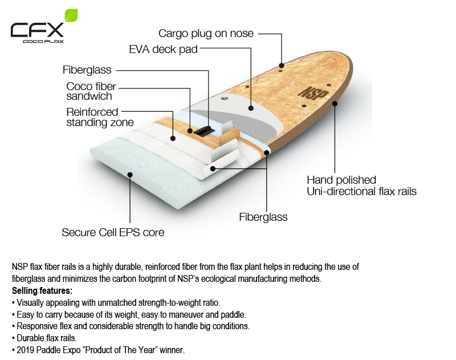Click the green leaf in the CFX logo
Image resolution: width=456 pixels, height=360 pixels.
click(x=71, y=15)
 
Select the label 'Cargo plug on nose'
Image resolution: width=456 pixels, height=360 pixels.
click(x=206, y=34)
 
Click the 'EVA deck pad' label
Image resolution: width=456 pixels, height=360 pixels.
click(x=164, y=50)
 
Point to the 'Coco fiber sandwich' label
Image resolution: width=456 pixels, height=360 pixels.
click(x=91, y=91)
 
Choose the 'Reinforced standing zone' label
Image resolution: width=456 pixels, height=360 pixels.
click(x=100, y=117)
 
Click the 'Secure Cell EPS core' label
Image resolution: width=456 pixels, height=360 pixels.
click(x=113, y=232)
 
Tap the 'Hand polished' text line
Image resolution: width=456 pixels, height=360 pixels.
click(x=341, y=180)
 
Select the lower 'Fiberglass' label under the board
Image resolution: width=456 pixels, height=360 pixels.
click(x=263, y=217)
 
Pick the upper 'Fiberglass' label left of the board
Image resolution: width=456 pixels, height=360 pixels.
click(x=87, y=70)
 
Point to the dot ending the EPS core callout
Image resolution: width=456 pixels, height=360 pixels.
click(x=131, y=175)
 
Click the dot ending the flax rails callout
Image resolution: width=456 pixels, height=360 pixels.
click(x=335, y=104)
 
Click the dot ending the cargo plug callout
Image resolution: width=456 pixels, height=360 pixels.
click(x=282, y=64)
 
